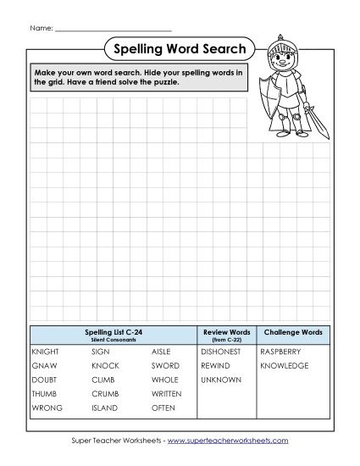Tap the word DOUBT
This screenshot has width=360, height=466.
43,380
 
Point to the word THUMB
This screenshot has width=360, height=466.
43,394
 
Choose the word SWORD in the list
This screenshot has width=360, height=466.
165,365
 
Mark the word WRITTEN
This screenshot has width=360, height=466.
168,394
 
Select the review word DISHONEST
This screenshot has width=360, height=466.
221,351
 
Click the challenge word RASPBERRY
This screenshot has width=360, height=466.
280,351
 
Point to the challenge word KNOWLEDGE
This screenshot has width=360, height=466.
284,365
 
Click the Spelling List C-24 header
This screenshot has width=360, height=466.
113,331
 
